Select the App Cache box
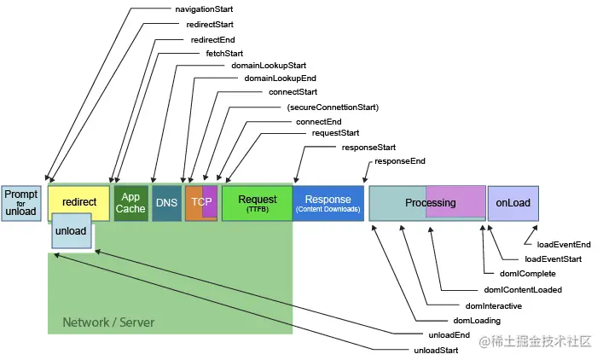pyautogui.click(x=130, y=203)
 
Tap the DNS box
pyautogui.click(x=166, y=203)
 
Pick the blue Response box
pyautogui.click(x=328, y=203)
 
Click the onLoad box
pyautogui.click(x=513, y=203)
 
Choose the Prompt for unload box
pyautogui.click(x=21, y=203)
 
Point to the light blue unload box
pyautogui.click(x=71, y=231)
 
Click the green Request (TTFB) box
pyautogui.click(x=258, y=203)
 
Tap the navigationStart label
pyautogui.click(x=204, y=9)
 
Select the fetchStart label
pyautogui.click(x=224, y=54)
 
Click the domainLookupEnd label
pyautogui.click(x=280, y=78)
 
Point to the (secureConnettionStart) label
pyautogui.click(x=333, y=107)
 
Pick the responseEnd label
pyautogui.click(x=400, y=161)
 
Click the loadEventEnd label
pyautogui.click(x=564, y=245)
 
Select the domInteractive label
pyautogui.click(x=493, y=306)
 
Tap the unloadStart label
pyautogui.click(x=436, y=351)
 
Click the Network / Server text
pyautogui.click(x=108, y=322)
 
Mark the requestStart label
pyautogui.click(x=335, y=133)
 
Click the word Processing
pyautogui.click(x=431, y=203)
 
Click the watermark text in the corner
pyautogui.click(x=535, y=341)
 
